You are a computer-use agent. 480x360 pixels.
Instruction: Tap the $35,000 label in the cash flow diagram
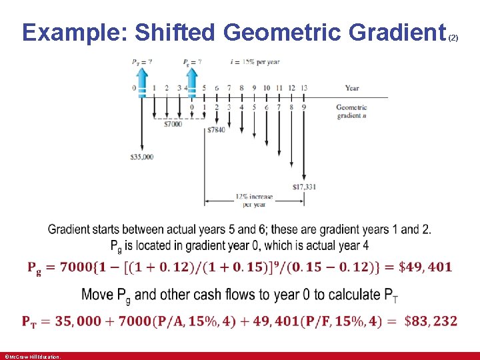click(x=142, y=157)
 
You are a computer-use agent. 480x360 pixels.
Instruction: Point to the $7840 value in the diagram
click(x=216, y=130)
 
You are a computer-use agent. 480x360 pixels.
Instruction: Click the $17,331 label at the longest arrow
click(x=304, y=187)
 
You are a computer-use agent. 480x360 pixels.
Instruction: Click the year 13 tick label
click(x=304, y=88)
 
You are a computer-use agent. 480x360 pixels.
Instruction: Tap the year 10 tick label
click(x=267, y=88)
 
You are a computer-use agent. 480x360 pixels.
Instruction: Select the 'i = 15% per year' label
click(x=255, y=62)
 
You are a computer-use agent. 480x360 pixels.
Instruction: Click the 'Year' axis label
click(x=352, y=88)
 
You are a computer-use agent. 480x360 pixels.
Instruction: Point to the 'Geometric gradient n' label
click(x=351, y=111)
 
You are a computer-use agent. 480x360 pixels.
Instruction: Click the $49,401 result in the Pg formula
click(x=425, y=267)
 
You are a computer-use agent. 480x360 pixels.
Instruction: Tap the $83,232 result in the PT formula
click(x=431, y=321)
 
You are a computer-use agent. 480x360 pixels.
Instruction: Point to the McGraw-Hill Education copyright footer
click(x=33, y=357)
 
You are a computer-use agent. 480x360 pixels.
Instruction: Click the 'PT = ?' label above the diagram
click(x=141, y=62)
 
